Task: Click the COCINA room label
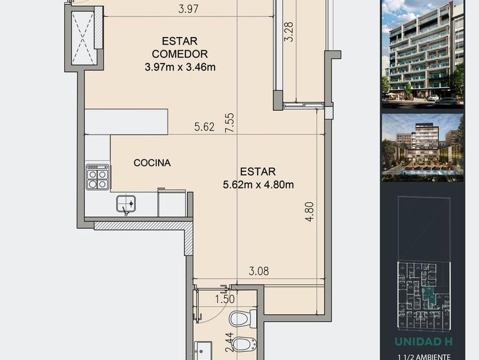click(152, 162)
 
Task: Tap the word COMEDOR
click(180, 54)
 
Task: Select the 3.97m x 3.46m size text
click(180, 67)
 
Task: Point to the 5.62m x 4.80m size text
click(258, 185)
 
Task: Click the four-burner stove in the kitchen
click(98, 177)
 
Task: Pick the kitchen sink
click(126, 204)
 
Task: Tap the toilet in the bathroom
click(243, 319)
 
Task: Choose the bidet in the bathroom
click(243, 344)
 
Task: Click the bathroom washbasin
click(203, 350)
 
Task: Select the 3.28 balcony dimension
click(289, 31)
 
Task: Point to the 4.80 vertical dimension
click(309, 211)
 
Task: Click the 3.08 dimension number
click(259, 271)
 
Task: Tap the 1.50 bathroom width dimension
click(225, 299)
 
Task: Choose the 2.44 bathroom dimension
click(229, 342)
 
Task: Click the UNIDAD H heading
click(423, 341)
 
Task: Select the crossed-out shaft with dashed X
click(83, 38)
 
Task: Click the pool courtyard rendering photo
click(423, 147)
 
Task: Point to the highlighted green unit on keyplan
click(428, 294)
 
